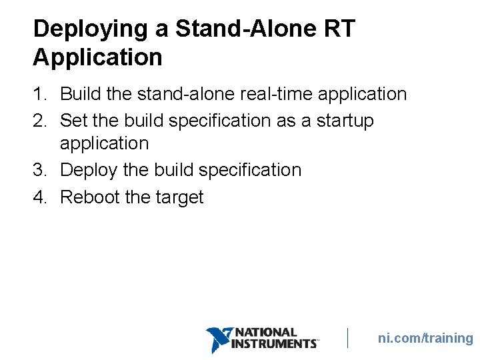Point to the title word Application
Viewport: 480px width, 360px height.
pyautogui.click(x=97, y=57)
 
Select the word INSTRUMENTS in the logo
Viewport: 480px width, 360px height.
pyautogui.click(x=274, y=344)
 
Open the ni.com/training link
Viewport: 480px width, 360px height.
pyautogui.click(x=425, y=338)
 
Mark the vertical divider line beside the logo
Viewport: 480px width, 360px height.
pyautogui.click(x=347, y=338)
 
